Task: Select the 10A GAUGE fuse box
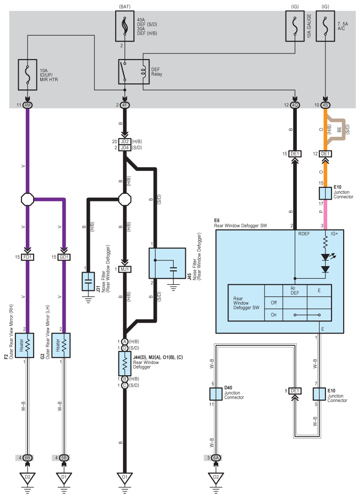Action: [295, 26]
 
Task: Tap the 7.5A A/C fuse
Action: [325, 26]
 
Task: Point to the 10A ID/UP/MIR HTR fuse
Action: [28, 74]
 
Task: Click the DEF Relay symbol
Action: [134, 72]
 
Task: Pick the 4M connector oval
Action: [28, 105]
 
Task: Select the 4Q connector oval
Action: [295, 105]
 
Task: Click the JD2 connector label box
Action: [125, 141]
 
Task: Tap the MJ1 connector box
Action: [125, 269]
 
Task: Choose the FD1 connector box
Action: [28, 257]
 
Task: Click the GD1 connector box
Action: [64, 257]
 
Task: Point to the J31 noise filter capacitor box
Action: [88, 282]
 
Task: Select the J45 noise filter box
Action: [167, 263]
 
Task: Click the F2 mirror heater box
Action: [24, 345]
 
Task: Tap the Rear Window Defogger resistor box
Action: [125, 364]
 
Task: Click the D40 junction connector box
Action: [216, 394]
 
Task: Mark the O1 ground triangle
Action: [125, 477]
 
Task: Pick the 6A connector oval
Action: [216, 458]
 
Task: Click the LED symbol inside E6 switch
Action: [325, 257]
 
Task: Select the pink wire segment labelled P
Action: [325, 215]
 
